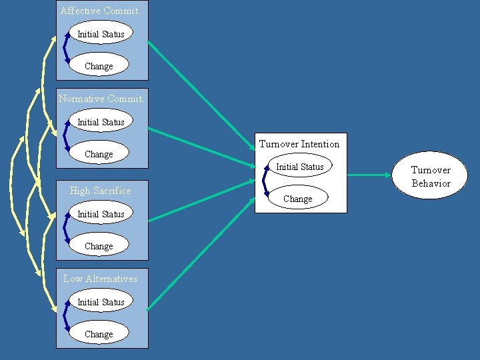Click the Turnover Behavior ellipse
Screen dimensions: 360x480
coord(431,176)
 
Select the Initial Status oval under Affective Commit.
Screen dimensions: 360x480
coord(101,34)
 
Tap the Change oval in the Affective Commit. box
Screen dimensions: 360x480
coord(99,66)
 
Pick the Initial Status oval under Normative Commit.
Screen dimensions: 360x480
coord(101,122)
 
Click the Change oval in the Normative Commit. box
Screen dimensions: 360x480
coord(99,154)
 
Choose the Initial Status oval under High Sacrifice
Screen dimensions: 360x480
coord(101,214)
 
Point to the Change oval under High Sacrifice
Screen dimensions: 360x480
coord(99,246)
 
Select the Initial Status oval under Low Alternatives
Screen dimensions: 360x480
coord(101,302)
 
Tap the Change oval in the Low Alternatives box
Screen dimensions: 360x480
coord(99,334)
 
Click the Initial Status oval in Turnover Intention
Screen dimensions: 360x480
coord(300,167)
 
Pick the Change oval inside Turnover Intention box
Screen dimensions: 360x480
coord(297,199)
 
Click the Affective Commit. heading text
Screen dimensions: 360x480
coord(100,11)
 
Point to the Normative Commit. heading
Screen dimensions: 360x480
coord(101,99)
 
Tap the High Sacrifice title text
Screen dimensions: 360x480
coord(101,191)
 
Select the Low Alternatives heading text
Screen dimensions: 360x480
coord(100,279)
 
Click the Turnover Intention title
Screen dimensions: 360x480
coord(299,144)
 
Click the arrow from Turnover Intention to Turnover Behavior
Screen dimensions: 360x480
coord(370,175)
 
